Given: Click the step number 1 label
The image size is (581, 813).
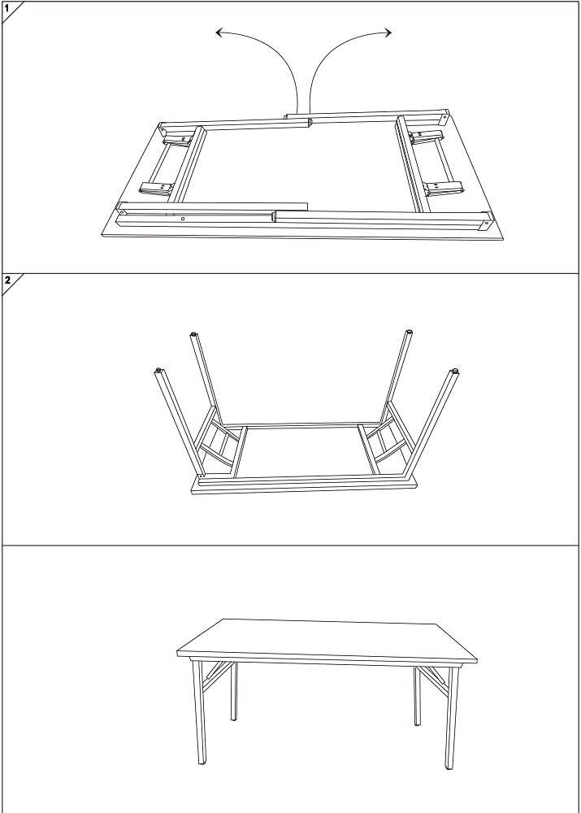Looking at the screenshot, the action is click(7, 8).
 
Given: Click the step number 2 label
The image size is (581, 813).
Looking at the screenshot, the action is click(7, 280).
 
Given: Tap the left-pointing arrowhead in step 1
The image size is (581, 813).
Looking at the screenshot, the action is click(219, 33).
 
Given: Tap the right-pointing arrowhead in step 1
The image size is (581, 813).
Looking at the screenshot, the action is click(388, 33).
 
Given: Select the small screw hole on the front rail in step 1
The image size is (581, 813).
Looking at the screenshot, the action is click(183, 219).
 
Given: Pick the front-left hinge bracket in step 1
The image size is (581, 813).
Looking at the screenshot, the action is click(156, 189).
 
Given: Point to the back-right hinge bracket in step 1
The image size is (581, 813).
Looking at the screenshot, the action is click(426, 137).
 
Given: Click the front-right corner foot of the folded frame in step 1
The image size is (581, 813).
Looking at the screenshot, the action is click(486, 221).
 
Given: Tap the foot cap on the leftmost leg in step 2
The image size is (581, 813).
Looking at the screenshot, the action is click(158, 370).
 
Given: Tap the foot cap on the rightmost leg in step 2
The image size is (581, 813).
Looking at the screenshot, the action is click(454, 372).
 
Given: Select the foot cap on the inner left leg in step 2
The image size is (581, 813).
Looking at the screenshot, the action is click(193, 334).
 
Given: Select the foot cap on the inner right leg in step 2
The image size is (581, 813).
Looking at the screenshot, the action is click(410, 332).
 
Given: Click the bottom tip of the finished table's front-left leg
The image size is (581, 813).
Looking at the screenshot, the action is click(202, 763).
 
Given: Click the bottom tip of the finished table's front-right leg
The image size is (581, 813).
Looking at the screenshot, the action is click(449, 767).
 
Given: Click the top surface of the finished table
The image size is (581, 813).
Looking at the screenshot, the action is click(327, 639).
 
